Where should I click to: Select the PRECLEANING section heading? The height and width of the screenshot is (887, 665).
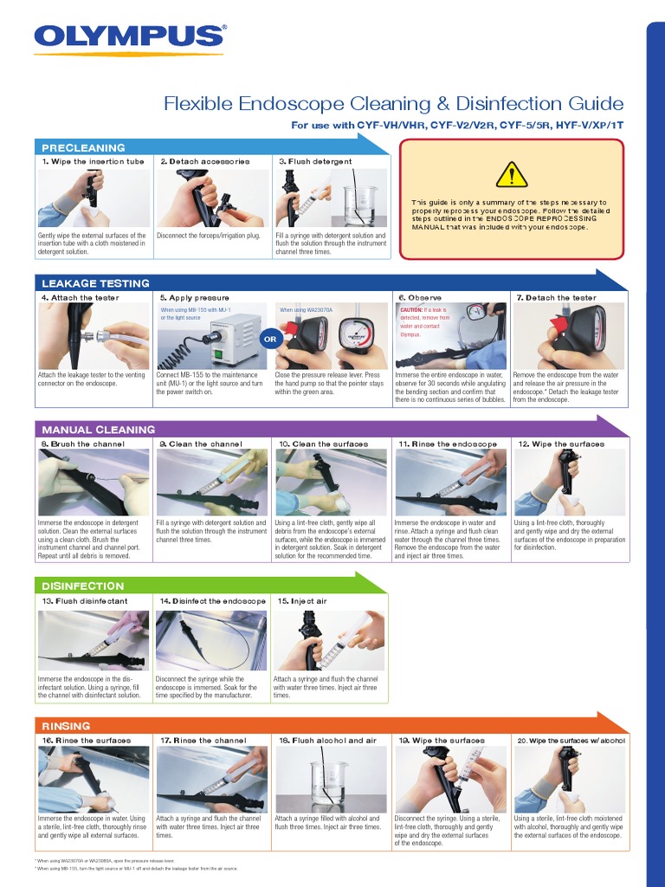point(83,148)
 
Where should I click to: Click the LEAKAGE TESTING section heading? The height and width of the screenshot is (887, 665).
point(95,283)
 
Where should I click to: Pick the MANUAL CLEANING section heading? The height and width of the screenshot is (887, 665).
point(99,430)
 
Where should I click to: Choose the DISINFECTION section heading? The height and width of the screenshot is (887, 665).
point(83,586)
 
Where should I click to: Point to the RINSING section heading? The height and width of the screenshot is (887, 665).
point(66,726)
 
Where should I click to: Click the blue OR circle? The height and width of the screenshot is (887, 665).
point(270,340)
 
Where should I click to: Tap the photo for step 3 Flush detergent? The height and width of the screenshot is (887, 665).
point(331,197)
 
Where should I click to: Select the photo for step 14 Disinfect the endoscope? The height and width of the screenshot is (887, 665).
point(211,640)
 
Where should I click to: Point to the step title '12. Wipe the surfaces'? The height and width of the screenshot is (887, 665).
point(561,444)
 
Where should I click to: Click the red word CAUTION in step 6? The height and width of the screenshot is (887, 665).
point(411,309)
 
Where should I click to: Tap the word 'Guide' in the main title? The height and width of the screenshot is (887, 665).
point(594,105)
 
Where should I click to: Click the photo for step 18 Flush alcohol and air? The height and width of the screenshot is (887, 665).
point(331,780)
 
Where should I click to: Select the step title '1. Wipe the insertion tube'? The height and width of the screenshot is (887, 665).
point(93,162)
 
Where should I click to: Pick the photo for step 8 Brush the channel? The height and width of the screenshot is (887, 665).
point(94,483)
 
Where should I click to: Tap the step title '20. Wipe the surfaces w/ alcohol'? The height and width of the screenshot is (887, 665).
point(571,741)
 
